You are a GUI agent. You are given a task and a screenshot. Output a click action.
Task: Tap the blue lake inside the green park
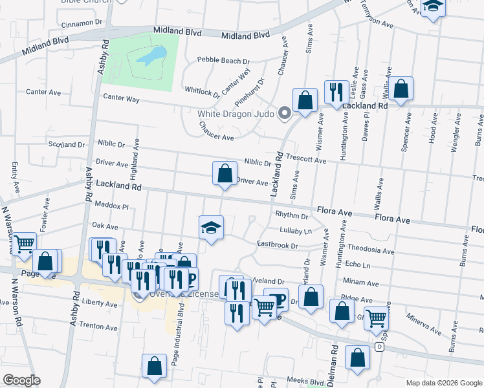(150, 58)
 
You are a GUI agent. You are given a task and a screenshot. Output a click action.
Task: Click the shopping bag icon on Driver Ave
(225, 173)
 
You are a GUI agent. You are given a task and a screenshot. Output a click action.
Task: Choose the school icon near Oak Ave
(212, 228)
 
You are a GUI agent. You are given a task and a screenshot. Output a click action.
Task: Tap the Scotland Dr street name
(66, 145)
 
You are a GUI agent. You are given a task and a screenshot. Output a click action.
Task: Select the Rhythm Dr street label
(291, 215)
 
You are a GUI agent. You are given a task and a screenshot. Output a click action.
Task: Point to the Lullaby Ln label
(296, 230)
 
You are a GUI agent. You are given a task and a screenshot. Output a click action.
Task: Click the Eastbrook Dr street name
(277, 245)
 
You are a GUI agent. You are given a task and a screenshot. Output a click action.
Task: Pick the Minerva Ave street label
(424, 324)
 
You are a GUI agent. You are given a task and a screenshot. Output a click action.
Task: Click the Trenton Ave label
(98, 327)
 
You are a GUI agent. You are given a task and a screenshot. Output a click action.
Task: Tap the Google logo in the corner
(21, 380)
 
